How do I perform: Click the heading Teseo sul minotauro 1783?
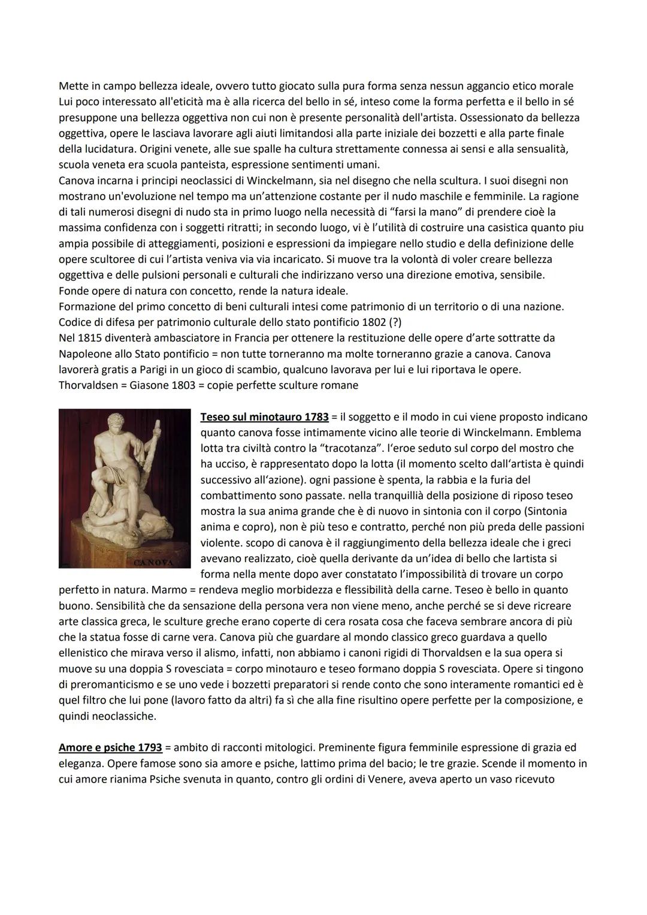(264, 416)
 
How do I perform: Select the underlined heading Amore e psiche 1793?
(110, 748)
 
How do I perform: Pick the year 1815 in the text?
(90, 338)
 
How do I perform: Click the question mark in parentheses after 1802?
(394, 322)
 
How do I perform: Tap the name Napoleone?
(84, 354)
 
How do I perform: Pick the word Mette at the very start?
(74, 86)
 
